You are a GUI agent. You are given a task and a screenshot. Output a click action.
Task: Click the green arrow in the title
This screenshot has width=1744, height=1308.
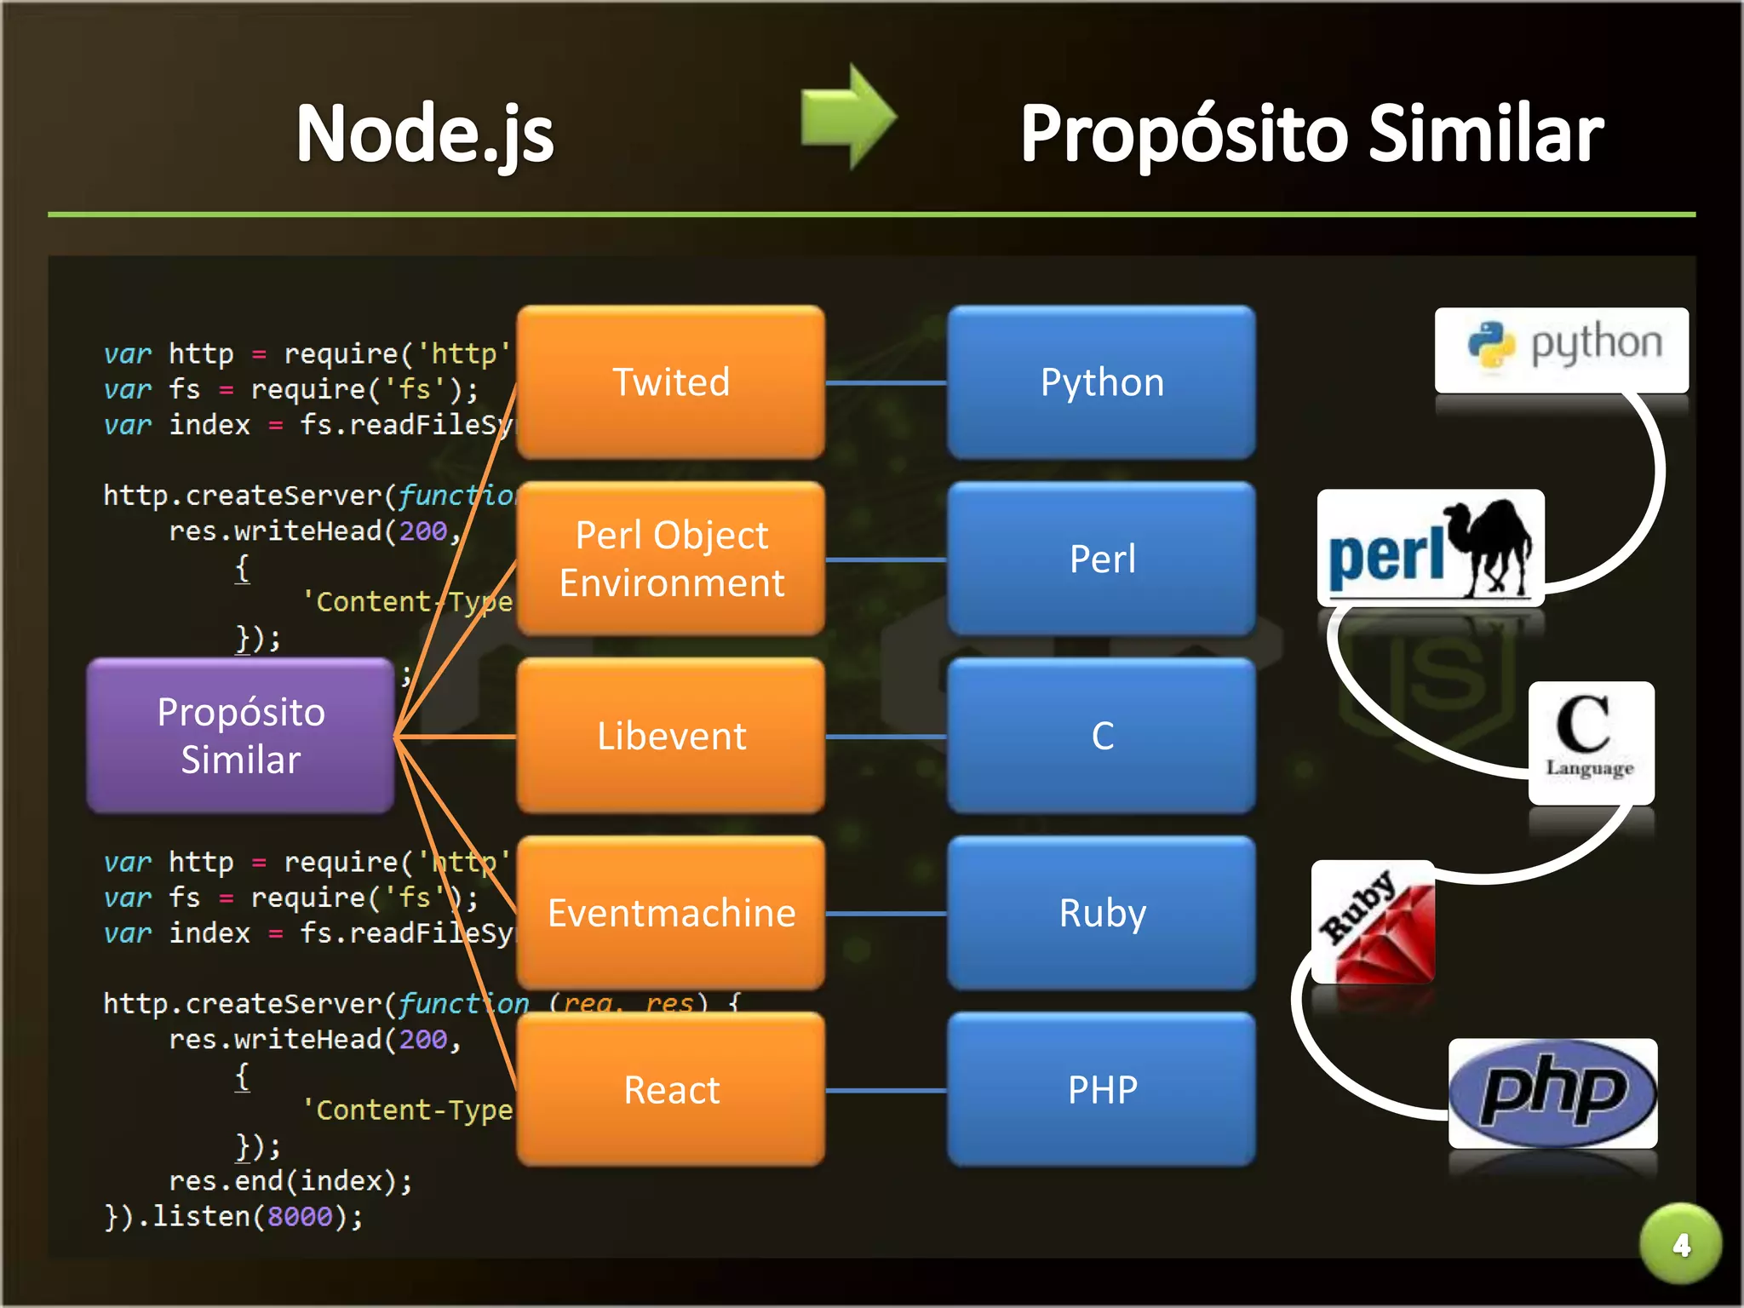pyautogui.click(x=848, y=118)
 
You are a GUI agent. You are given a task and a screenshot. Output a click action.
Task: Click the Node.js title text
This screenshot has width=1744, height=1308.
pyautogui.click(x=425, y=134)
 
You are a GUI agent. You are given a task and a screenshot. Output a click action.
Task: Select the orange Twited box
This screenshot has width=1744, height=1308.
pyautogui.click(x=671, y=382)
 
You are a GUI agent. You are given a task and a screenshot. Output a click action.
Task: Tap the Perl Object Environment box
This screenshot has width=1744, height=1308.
pyautogui.click(x=671, y=559)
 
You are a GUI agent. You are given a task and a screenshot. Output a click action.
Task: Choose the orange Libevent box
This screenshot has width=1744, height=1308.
pyautogui.click(x=671, y=736)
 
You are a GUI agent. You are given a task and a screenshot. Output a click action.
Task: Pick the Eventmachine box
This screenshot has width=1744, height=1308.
pyautogui.click(x=671, y=913)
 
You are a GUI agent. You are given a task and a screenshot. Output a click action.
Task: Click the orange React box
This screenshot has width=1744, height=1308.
pyautogui.click(x=671, y=1090)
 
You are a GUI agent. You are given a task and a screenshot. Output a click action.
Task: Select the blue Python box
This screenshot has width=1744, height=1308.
pyautogui.click(x=1101, y=382)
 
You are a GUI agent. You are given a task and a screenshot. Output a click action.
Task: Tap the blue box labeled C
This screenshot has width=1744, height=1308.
pyautogui.click(x=1101, y=736)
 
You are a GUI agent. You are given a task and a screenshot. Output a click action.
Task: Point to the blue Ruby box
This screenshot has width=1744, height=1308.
pyautogui.click(x=1101, y=913)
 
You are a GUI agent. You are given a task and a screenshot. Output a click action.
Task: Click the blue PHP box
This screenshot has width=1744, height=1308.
pyautogui.click(x=1101, y=1090)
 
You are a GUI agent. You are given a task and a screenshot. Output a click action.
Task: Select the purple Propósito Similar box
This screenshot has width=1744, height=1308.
pyautogui.click(x=241, y=736)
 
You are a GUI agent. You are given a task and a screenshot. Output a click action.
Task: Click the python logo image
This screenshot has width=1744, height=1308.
pyautogui.click(x=1561, y=348)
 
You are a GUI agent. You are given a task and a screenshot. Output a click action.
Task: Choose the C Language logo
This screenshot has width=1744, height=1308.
pyautogui.click(x=1590, y=741)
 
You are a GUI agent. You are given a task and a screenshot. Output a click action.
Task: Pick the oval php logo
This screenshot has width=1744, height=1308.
pyautogui.click(x=1552, y=1093)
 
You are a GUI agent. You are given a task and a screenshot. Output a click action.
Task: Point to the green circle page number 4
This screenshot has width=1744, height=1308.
pyautogui.click(x=1680, y=1244)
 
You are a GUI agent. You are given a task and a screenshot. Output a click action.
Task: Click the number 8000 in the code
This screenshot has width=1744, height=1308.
pyautogui.click(x=299, y=1217)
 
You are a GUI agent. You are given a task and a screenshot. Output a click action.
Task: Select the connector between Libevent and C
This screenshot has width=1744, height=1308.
pyautogui.click(x=886, y=737)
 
